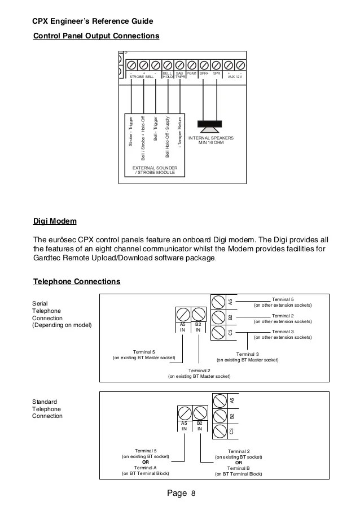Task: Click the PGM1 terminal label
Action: (192, 73)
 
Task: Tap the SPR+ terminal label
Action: (204, 73)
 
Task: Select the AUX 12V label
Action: (235, 76)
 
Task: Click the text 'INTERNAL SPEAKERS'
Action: (211, 138)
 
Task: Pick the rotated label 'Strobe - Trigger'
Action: (131, 132)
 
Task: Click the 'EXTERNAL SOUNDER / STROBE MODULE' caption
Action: (155, 170)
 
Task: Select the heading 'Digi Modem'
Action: (55, 220)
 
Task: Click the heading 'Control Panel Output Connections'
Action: (96, 37)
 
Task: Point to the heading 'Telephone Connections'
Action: (77, 281)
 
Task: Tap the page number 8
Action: (193, 494)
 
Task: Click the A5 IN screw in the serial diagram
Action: (183, 314)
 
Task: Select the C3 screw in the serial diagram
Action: (219, 332)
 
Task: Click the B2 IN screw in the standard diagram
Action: (200, 412)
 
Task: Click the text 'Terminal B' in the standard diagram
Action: (239, 468)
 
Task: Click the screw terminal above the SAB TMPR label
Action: (180, 64)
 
